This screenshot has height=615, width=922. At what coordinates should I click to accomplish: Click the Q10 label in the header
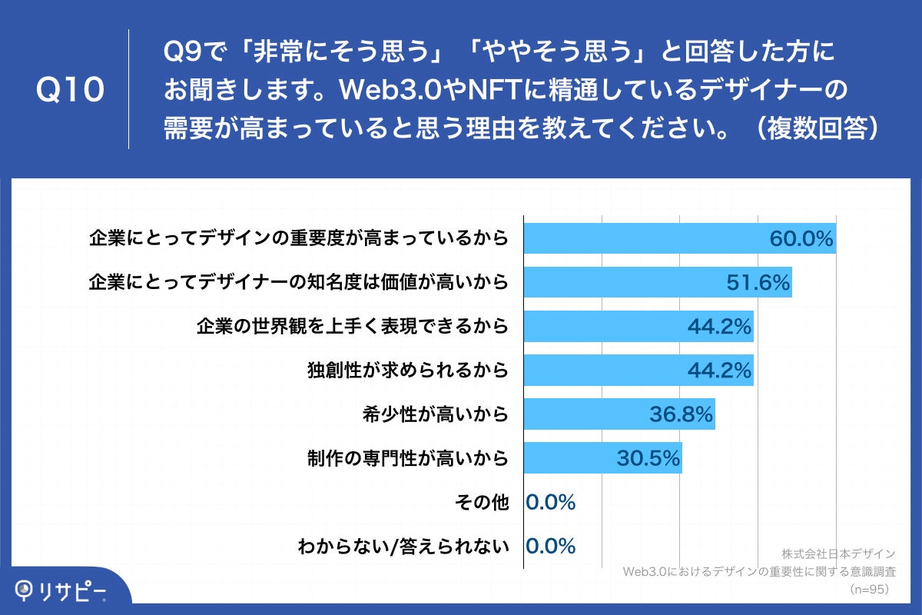70,90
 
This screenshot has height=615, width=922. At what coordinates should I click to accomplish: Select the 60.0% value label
801,239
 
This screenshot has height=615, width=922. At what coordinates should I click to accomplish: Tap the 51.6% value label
758,283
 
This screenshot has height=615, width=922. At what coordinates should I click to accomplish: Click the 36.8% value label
682,415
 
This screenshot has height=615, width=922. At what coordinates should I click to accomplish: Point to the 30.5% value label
648,459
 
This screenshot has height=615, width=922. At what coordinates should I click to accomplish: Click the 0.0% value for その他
550,503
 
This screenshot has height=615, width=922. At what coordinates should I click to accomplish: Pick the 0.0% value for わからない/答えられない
550,547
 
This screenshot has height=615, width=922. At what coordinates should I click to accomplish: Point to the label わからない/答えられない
403,547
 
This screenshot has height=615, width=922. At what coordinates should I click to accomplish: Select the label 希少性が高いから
436,415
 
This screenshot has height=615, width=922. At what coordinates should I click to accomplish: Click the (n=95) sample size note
868,589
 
